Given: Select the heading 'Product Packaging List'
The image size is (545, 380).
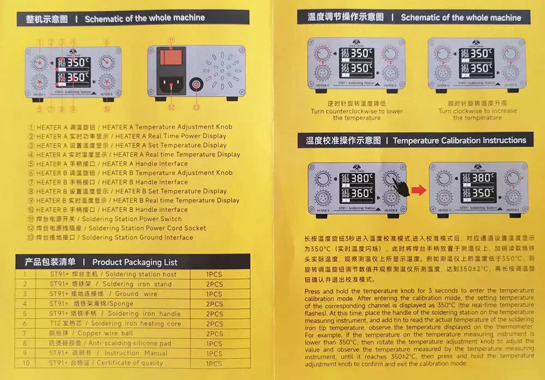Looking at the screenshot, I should point(135,262).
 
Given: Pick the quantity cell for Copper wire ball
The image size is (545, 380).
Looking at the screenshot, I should point(214,334).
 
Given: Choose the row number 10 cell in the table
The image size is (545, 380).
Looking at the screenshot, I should point(25,363).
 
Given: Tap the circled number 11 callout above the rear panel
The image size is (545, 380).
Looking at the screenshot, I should point(171,40).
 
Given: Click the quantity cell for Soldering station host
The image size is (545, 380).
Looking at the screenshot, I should point(214,274).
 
